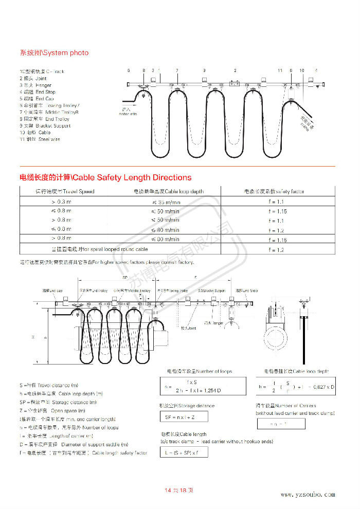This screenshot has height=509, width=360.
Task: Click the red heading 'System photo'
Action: click(x=54, y=52)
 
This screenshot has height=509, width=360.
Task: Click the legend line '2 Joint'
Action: click(x=33, y=78)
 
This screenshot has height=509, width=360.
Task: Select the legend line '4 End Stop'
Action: click(x=37, y=92)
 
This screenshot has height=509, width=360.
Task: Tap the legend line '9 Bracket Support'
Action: click(x=45, y=125)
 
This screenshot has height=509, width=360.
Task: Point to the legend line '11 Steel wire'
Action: click(x=40, y=139)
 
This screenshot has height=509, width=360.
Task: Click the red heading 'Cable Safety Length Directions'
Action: click(x=105, y=177)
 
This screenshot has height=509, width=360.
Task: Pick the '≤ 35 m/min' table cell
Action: click(x=165, y=202)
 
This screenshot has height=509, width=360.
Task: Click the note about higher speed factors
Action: click(x=107, y=263)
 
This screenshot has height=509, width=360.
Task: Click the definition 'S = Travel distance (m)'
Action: click(x=49, y=385)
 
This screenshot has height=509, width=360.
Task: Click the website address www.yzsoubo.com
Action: click(x=308, y=494)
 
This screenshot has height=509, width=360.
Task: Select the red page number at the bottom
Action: click(x=179, y=490)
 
